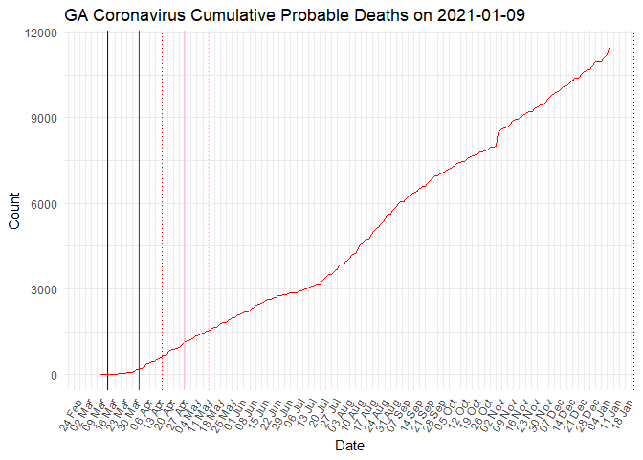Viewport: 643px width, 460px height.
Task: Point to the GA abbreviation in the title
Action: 77,15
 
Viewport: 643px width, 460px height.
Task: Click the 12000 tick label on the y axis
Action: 40,33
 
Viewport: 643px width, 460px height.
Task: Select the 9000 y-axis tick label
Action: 44,118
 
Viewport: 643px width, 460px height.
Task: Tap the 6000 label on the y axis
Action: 44,204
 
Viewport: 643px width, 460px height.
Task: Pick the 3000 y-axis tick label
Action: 44,289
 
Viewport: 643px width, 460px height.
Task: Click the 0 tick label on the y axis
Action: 54,375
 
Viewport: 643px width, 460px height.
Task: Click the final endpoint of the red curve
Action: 610,47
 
